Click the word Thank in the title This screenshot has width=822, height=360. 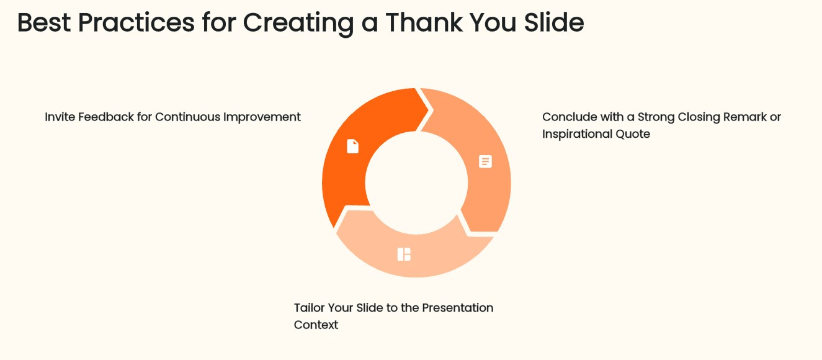pos(424,22)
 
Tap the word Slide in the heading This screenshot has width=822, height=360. pos(554,22)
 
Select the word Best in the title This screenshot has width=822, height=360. pos(44,23)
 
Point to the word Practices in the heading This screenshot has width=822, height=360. pos(136,23)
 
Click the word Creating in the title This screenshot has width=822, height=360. pos(298,24)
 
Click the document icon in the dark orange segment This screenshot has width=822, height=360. pos(352,146)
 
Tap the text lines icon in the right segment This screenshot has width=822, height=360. pos(485,161)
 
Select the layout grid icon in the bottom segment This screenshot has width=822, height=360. pos(404,254)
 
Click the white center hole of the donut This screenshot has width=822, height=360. pos(416,182)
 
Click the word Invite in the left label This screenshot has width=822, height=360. pos(60,117)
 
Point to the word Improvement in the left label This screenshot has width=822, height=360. pos(262,117)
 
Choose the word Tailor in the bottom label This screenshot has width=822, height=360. pos(309,308)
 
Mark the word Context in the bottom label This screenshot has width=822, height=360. pos(316,325)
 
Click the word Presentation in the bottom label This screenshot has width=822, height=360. pos(458,308)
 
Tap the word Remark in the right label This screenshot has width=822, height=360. pos(744,117)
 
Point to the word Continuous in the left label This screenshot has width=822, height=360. pos(187,117)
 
